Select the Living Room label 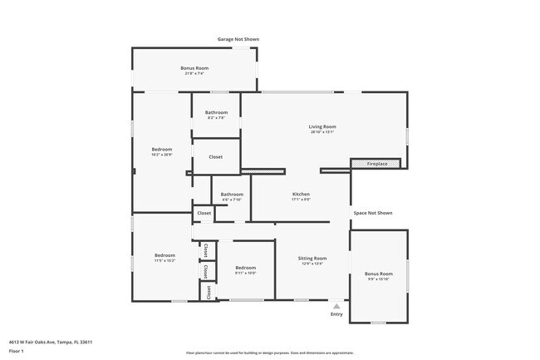pos(323,126)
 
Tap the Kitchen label pos(301,194)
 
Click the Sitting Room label pos(312,259)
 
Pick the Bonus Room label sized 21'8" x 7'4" pos(194,67)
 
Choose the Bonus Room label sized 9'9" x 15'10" pos(380,274)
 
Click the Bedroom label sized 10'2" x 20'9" pos(161,149)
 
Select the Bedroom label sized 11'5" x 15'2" pos(164,255)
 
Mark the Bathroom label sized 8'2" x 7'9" pos(217,112)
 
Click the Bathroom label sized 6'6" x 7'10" pos(232,195)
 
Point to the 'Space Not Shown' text pos(372,213)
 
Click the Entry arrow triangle pos(336,305)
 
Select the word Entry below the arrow pos(336,314)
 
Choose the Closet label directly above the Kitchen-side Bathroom pos(215,156)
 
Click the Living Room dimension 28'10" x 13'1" pos(323,131)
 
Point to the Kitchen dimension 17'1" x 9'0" pos(301,200)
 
